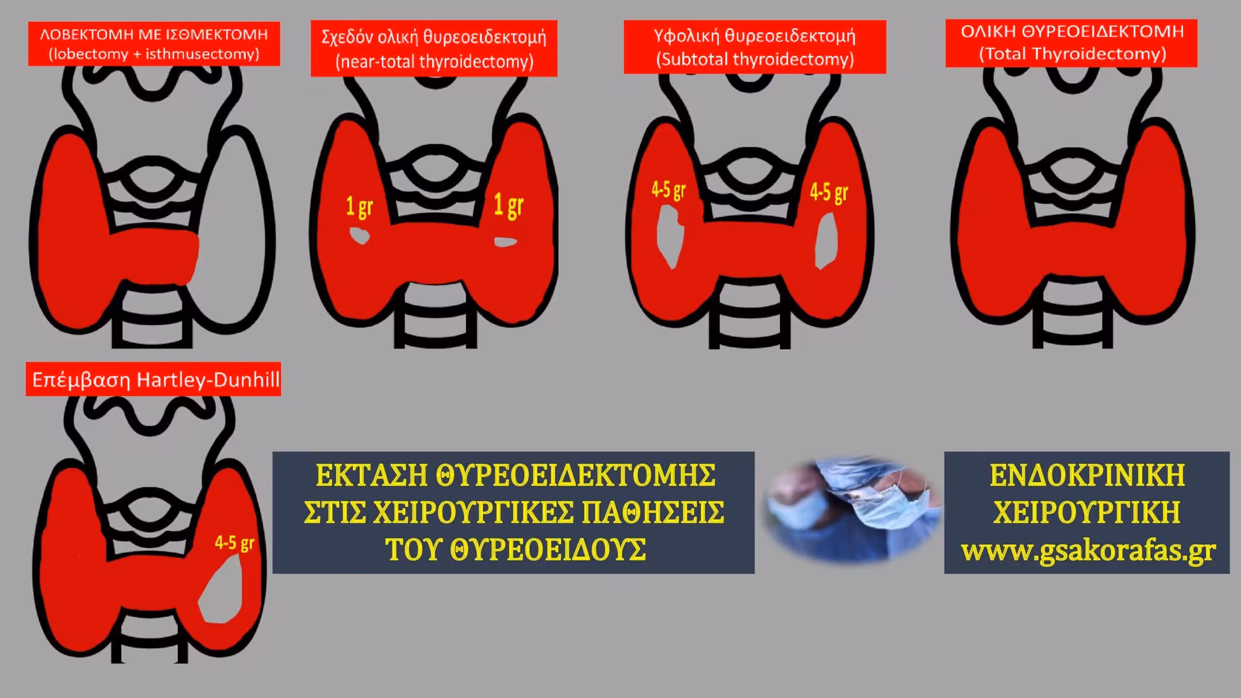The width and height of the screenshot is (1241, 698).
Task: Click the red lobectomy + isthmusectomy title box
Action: pos(154,44)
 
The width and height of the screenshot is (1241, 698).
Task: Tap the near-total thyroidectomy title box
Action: pos(434,48)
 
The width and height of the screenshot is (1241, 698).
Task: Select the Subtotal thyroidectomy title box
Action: pos(755,47)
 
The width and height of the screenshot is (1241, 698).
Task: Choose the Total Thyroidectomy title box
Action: pos(1071,43)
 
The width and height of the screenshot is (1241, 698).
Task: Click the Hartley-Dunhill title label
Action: pos(153,379)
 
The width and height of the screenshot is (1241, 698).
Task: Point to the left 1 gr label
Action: pos(359,207)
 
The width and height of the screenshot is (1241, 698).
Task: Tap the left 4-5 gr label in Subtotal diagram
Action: pos(668,190)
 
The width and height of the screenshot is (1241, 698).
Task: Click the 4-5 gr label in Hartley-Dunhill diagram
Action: pos(235,543)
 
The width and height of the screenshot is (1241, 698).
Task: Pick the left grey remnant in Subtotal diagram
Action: pos(669,236)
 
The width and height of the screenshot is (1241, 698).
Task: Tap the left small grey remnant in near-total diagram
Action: pos(360,236)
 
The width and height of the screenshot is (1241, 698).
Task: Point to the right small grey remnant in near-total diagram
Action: pos(505,241)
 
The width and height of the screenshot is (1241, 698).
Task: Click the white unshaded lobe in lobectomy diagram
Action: pos(233,233)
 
